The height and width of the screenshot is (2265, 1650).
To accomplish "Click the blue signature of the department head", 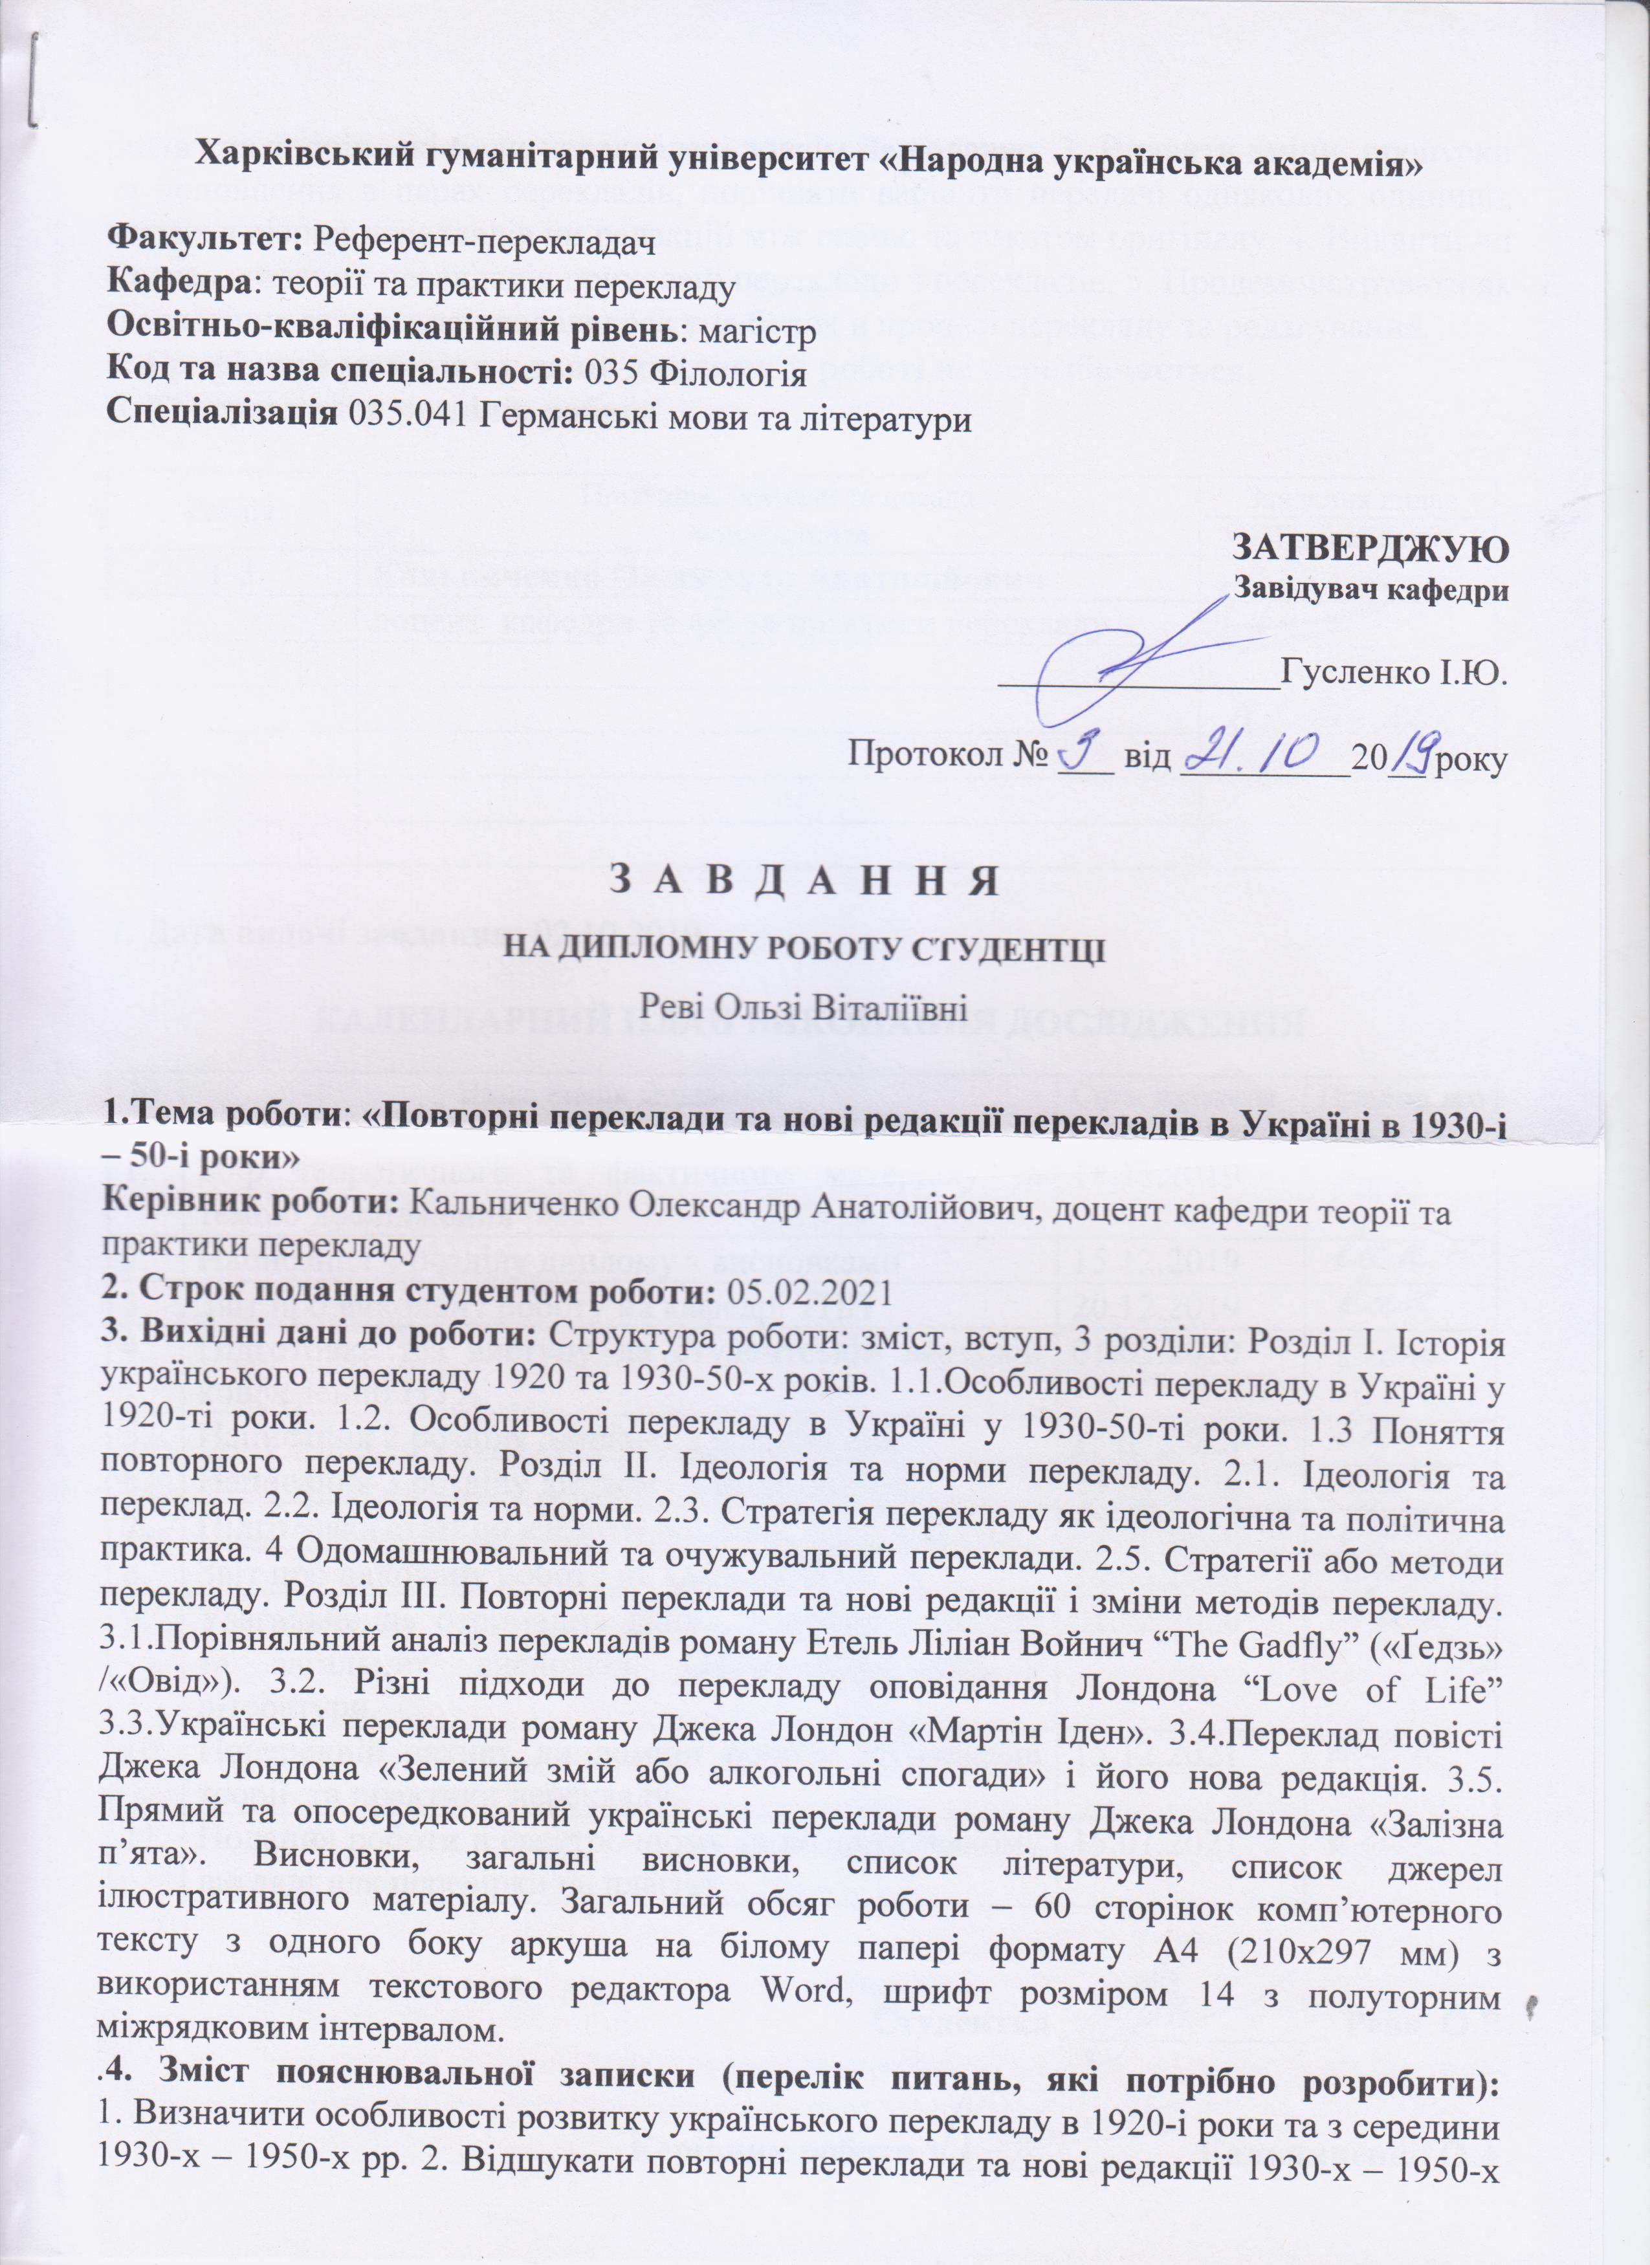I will point(1128,664).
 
